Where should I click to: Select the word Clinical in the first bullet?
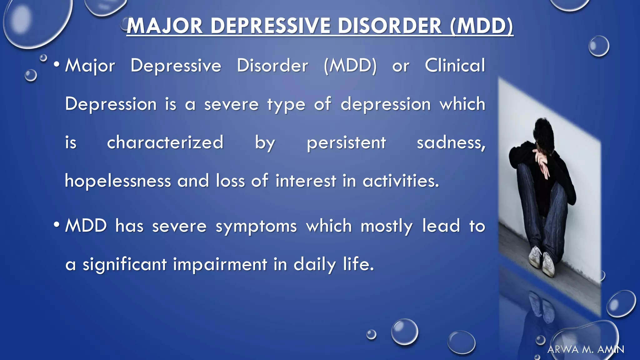455,66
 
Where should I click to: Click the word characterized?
165,142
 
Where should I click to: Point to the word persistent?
346,143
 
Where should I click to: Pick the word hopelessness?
118,181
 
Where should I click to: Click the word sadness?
450,143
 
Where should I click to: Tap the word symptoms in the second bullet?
256,226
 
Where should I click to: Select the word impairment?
220,264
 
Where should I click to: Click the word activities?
400,181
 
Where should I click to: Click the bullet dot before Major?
57,65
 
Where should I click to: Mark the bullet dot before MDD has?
57,225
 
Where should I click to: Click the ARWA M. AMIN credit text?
586,349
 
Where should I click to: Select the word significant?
124,265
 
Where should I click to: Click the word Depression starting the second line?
111,104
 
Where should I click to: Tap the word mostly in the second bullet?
387,226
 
